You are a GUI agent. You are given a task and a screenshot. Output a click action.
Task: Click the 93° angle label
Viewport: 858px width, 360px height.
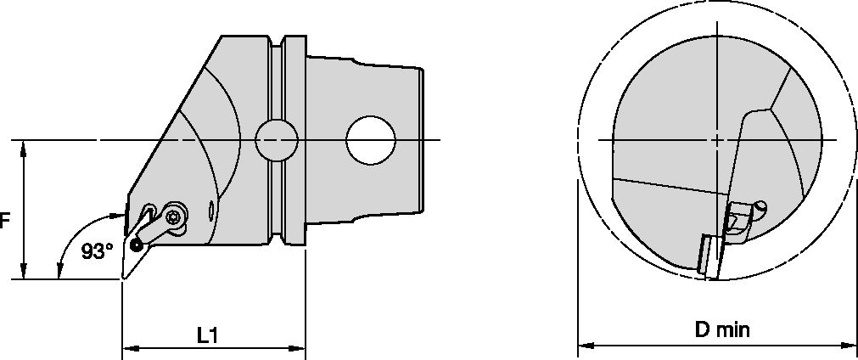click(x=97, y=251)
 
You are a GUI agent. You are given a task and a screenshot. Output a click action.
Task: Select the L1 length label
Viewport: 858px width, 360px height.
click(x=208, y=335)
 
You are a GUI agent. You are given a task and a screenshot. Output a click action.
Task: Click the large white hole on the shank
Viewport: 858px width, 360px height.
click(x=372, y=140)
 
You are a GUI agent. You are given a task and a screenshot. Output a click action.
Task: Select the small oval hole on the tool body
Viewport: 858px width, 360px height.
click(x=210, y=209)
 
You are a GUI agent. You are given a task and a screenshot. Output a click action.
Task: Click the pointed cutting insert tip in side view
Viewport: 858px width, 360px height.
click(x=124, y=278)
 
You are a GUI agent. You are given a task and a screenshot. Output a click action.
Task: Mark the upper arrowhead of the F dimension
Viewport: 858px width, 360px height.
click(x=25, y=147)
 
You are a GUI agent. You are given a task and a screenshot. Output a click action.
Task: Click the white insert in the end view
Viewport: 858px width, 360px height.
click(x=704, y=254)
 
